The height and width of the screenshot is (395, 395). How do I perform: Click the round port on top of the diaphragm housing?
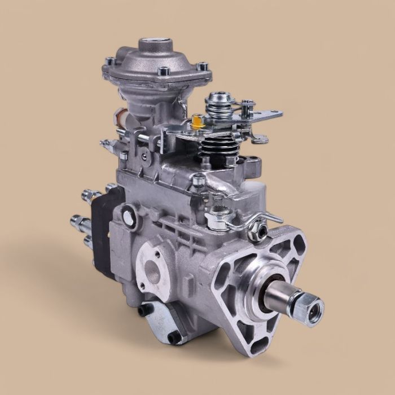156,45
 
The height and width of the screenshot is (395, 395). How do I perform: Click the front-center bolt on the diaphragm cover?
164,71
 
